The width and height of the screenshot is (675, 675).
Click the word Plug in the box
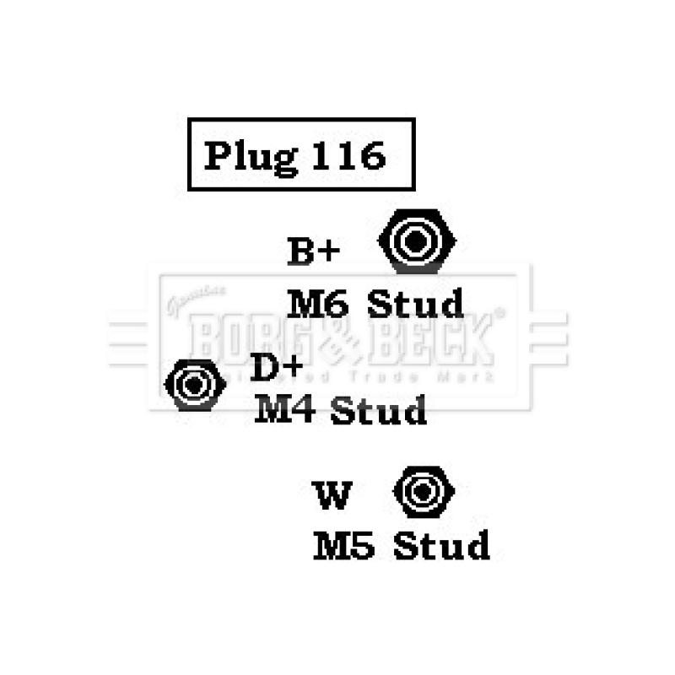tap(249, 156)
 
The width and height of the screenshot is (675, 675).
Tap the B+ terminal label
tap(313, 251)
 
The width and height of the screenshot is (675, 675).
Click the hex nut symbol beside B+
tap(417, 241)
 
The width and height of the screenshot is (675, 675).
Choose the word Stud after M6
tap(415, 304)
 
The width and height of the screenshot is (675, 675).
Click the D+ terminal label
tap(277, 369)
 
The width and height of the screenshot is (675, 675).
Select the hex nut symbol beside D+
tap(195, 385)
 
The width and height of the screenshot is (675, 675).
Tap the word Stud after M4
tap(378, 411)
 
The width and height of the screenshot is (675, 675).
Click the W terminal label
tap(332, 495)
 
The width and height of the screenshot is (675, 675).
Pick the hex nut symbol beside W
tap(424, 491)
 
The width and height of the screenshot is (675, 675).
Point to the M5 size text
tap(343, 546)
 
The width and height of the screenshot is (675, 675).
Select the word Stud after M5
tap(441, 546)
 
